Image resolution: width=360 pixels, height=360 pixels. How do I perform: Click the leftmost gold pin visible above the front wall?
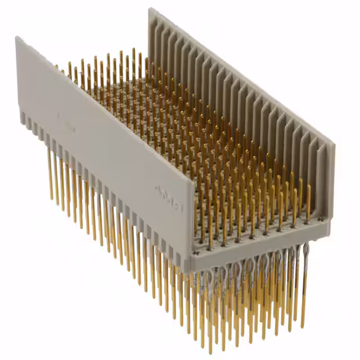coord(56,67)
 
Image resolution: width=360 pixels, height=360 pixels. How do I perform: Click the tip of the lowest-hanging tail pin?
coord(210,352)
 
